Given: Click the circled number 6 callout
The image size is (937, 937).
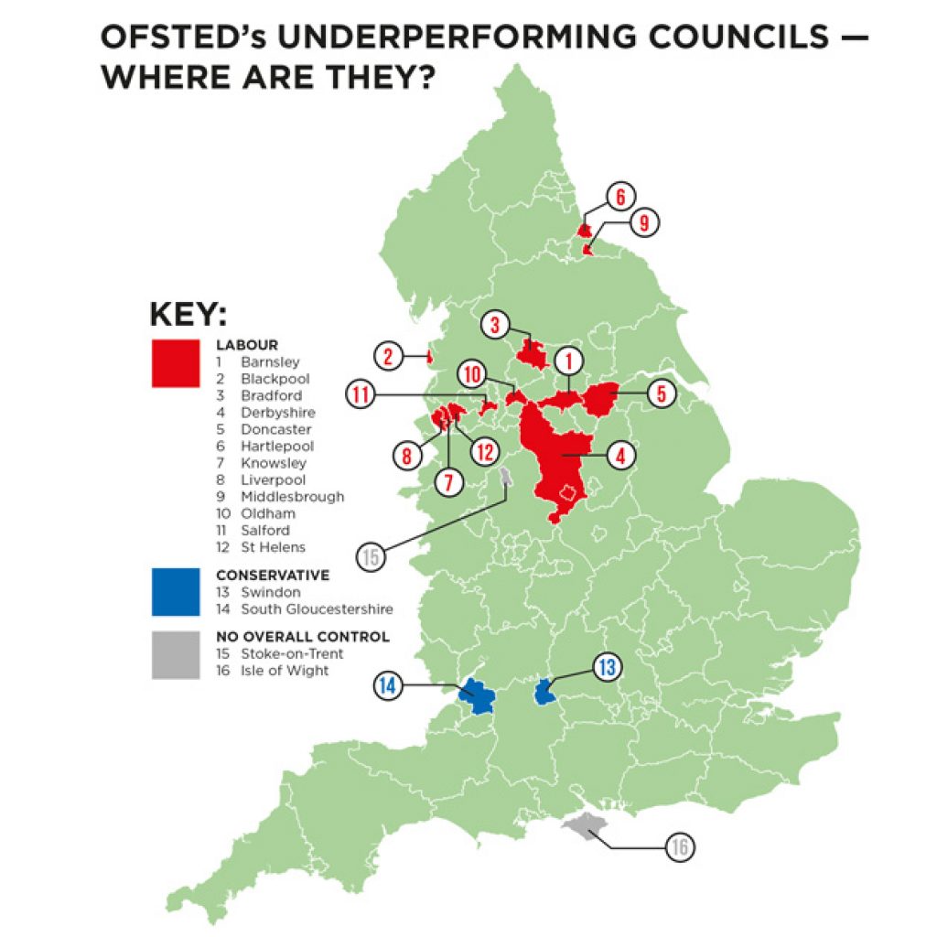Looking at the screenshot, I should pyautogui.click(x=619, y=196).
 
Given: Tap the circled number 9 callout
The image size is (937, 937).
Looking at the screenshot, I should pyautogui.click(x=643, y=221).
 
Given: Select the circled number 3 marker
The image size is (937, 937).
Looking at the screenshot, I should pyautogui.click(x=495, y=324).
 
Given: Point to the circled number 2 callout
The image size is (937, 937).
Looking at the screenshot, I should pyautogui.click(x=388, y=356).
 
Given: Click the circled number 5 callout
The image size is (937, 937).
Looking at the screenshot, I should pyautogui.click(x=660, y=394).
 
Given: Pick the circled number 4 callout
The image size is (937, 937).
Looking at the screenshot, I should pyautogui.click(x=619, y=454).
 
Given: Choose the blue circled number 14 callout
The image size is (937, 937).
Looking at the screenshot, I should pyautogui.click(x=388, y=684).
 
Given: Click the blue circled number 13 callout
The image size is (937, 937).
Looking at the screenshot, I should pyautogui.click(x=606, y=667).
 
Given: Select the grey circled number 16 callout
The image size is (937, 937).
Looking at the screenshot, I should pyautogui.click(x=678, y=847).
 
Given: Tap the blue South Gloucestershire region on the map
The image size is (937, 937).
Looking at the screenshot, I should pyautogui.click(x=476, y=696).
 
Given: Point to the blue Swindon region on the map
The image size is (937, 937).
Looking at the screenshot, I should pyautogui.click(x=545, y=692).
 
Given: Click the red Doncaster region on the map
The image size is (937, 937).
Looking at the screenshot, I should pyautogui.click(x=601, y=401).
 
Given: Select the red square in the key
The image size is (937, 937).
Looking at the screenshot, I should pyautogui.click(x=175, y=362).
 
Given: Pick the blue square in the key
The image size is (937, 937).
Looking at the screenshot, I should pyautogui.click(x=175, y=591).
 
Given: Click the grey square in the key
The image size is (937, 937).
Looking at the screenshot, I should pyautogui.click(x=175, y=655).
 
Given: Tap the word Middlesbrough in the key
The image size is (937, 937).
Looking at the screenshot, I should pyautogui.click(x=293, y=497).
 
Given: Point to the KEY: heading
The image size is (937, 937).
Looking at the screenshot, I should pyautogui.click(x=188, y=315).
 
